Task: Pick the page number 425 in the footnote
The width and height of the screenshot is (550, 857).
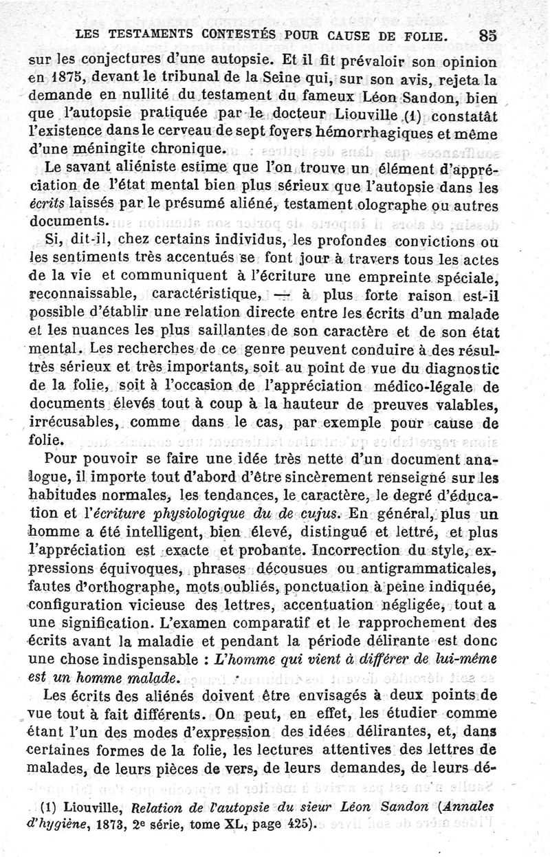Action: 300,823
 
